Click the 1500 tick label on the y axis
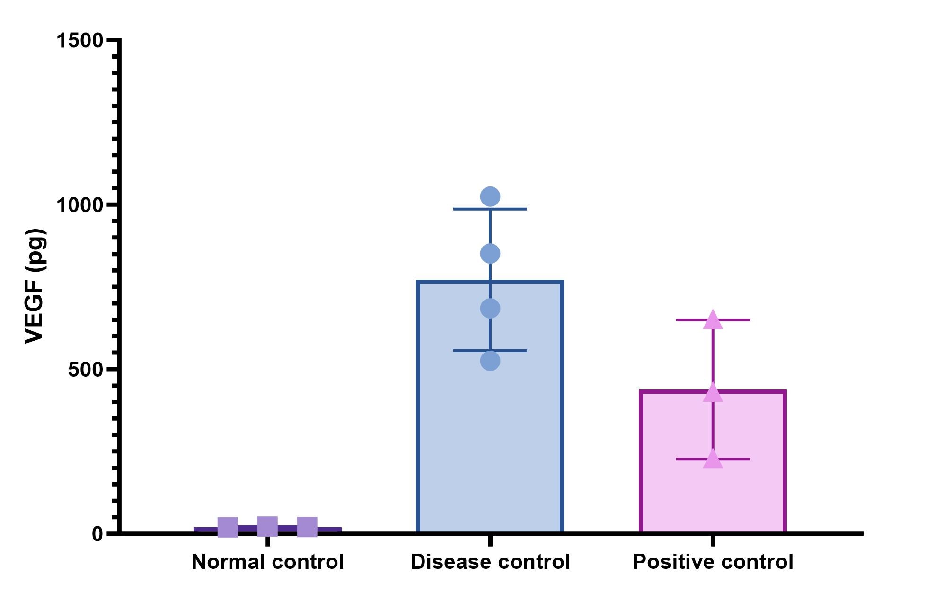pyautogui.click(x=79, y=40)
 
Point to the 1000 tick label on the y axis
pyautogui.click(x=79, y=205)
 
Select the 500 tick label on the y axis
pyautogui.click(x=85, y=370)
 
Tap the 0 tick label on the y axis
pyautogui.click(x=97, y=534)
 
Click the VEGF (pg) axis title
pyautogui.click(x=35, y=286)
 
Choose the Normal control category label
pyautogui.click(x=267, y=562)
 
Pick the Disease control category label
pyautogui.click(x=490, y=562)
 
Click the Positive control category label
pyautogui.click(x=713, y=562)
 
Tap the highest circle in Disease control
pyautogui.click(x=490, y=196)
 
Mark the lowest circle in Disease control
pyautogui.click(x=490, y=361)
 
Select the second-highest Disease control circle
pyautogui.click(x=490, y=254)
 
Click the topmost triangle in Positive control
pyautogui.click(x=713, y=320)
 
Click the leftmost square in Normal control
pyautogui.click(x=228, y=527)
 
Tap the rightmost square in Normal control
pyautogui.click(x=307, y=527)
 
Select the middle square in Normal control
pyautogui.click(x=267, y=526)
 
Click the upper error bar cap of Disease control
pyautogui.click(x=490, y=209)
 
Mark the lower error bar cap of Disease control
pyautogui.click(x=490, y=351)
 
